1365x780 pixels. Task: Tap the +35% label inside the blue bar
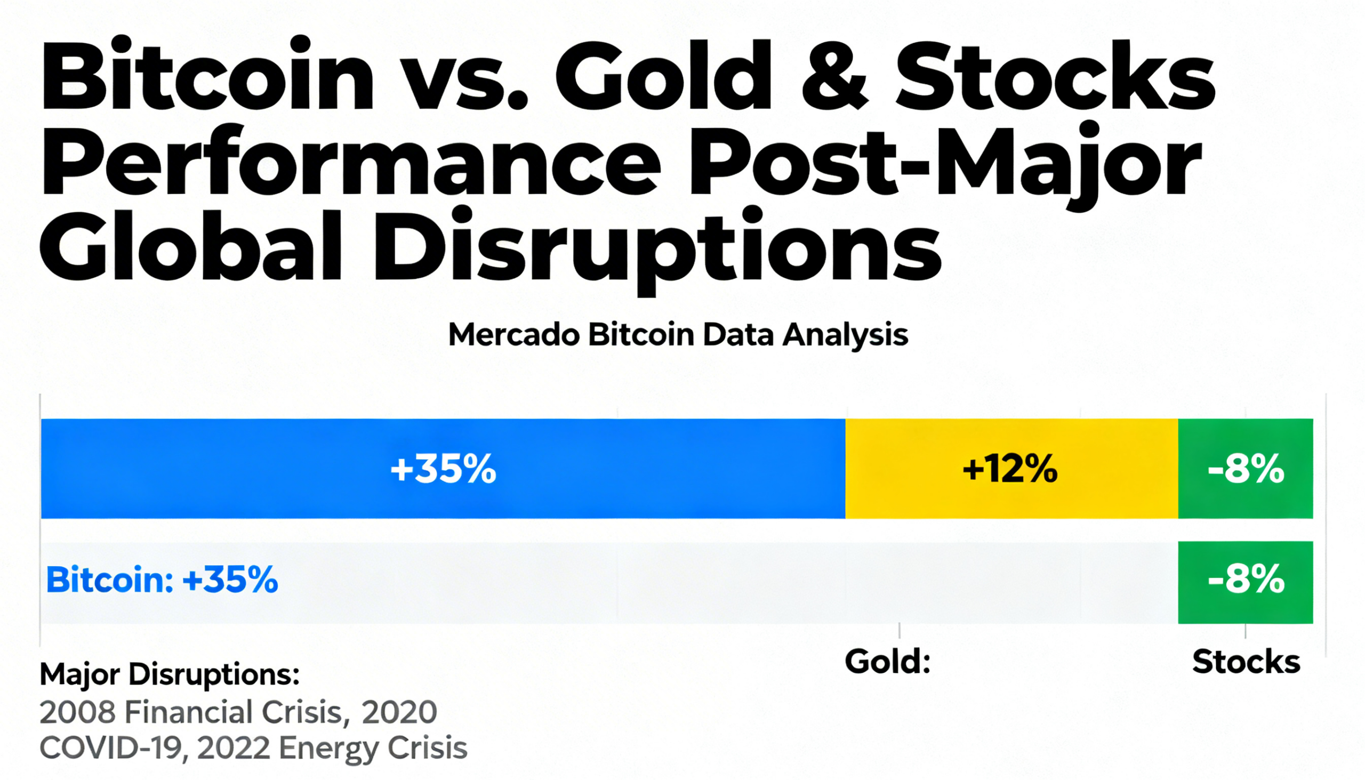click(x=444, y=469)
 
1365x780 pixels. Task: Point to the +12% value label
click(x=1010, y=469)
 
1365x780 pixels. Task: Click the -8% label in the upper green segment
click(x=1246, y=469)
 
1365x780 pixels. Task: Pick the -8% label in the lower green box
click(x=1246, y=580)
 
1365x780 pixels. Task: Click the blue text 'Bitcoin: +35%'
click(x=162, y=580)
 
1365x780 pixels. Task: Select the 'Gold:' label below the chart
click(x=887, y=662)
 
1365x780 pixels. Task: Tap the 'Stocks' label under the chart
click(x=1246, y=662)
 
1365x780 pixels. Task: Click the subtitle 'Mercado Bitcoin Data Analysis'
click(x=678, y=335)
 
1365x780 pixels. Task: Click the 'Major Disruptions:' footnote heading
click(x=169, y=675)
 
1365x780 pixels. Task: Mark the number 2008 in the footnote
click(x=78, y=712)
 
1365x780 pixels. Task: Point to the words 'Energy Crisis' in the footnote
click(x=373, y=749)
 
